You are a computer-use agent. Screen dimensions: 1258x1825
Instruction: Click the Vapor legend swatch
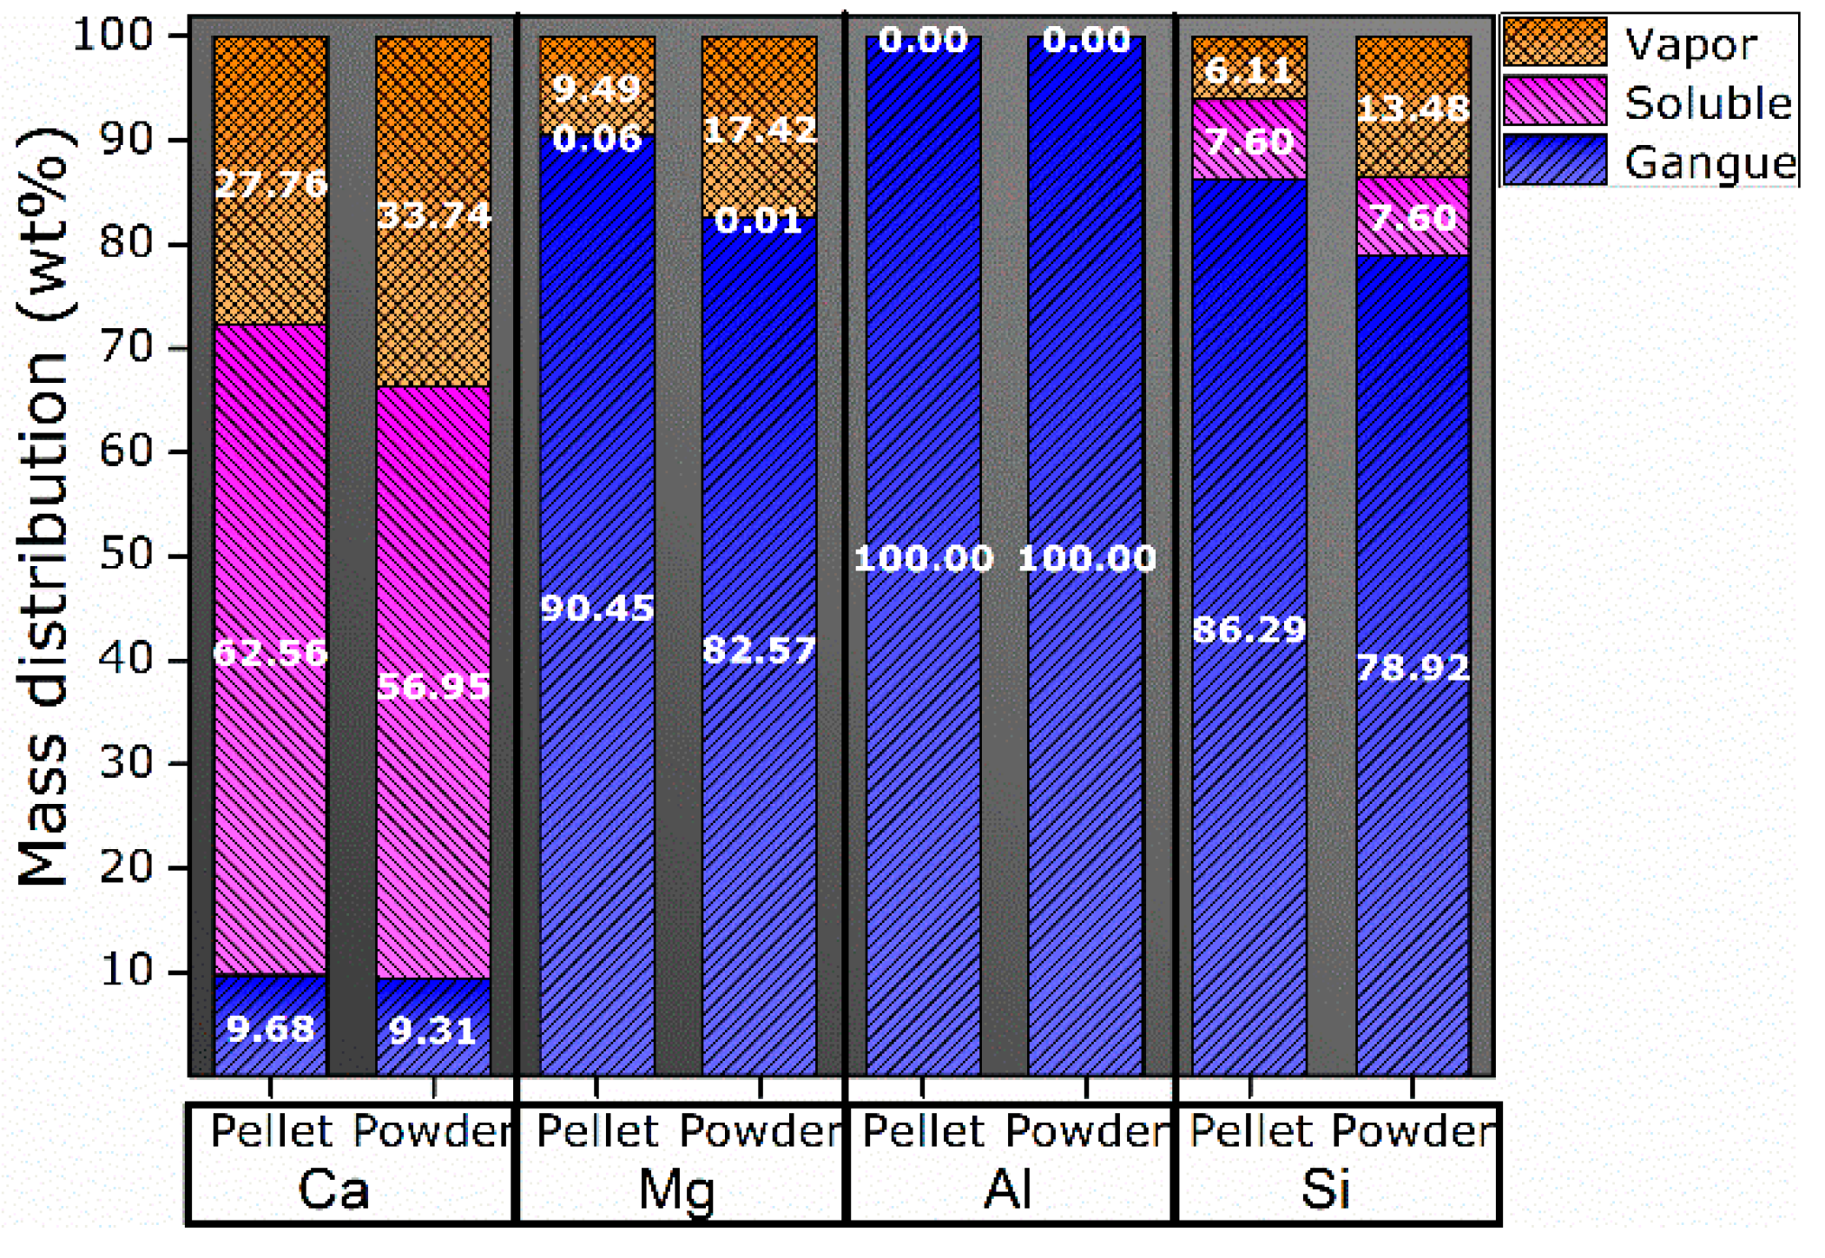click(1554, 42)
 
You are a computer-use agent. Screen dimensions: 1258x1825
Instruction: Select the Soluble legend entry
click(1707, 102)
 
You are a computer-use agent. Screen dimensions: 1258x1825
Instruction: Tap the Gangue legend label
click(1710, 161)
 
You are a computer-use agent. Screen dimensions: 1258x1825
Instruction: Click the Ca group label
click(333, 1189)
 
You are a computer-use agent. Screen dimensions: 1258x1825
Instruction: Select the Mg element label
click(676, 1189)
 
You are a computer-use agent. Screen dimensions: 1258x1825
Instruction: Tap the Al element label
click(1007, 1189)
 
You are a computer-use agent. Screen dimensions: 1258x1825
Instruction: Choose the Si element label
click(1326, 1189)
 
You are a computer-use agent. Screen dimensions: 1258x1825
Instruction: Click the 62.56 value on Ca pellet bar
click(270, 653)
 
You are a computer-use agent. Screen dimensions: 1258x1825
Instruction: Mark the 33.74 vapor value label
click(434, 214)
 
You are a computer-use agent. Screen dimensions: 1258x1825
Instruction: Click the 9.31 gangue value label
click(432, 1031)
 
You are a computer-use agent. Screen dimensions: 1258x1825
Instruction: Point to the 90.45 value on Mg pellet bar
click(596, 609)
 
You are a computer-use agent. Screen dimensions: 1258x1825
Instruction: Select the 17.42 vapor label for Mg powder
click(760, 130)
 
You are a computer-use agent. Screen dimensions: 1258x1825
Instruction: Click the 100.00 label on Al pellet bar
click(923, 558)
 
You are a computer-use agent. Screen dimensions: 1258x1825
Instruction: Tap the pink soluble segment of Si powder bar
click(1413, 217)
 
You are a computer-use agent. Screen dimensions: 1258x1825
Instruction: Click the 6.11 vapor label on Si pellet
click(1249, 69)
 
